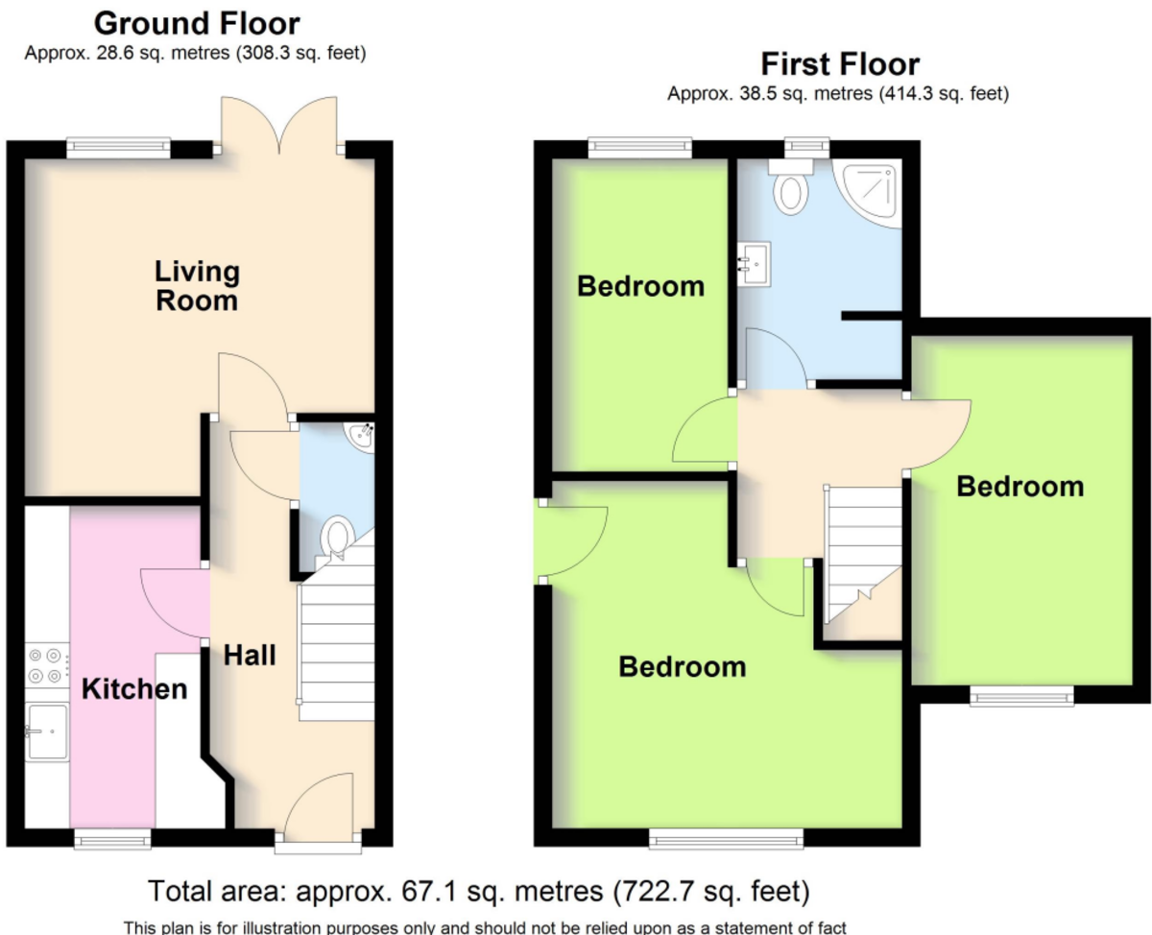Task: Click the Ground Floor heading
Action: (x=197, y=24)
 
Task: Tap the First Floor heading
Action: (x=840, y=64)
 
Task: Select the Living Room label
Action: (x=197, y=286)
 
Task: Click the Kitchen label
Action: (x=134, y=688)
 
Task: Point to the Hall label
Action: (x=250, y=655)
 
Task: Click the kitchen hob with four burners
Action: (x=47, y=665)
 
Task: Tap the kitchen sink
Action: (x=47, y=731)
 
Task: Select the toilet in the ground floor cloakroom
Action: (x=336, y=537)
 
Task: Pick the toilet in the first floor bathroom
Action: (x=791, y=186)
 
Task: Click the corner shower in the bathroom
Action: (x=869, y=192)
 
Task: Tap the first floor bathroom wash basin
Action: (x=755, y=263)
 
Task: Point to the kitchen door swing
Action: (x=175, y=604)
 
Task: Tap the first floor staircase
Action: (x=863, y=555)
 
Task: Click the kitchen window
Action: (x=112, y=839)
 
